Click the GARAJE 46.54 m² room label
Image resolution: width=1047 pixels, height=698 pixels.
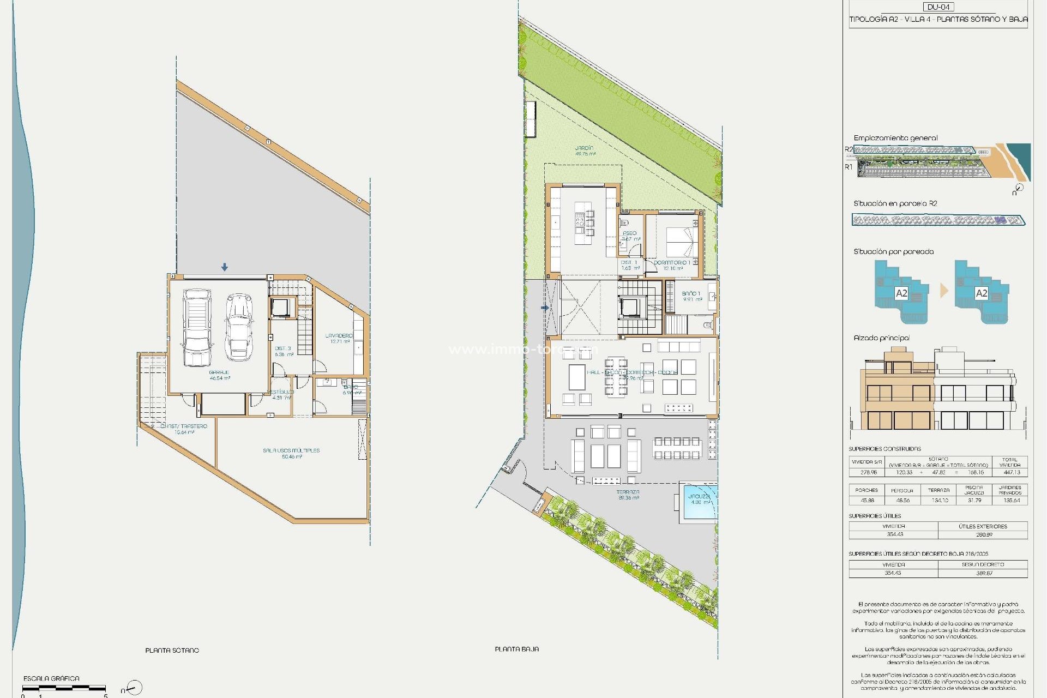tap(219, 375)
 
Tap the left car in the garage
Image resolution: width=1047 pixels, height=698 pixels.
tap(197, 328)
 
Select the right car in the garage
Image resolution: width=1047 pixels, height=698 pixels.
tap(239, 327)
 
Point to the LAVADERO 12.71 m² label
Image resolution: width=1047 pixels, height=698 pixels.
tap(339, 339)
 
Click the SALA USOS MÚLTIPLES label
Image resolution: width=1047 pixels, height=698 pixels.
tap(291, 453)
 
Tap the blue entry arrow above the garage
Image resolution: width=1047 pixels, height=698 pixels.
tap(225, 267)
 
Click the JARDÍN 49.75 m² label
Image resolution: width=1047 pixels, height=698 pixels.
tap(585, 151)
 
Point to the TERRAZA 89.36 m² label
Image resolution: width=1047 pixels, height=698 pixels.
tap(628, 495)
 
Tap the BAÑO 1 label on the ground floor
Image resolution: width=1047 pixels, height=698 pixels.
tap(691, 296)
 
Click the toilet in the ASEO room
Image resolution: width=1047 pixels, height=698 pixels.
tap(625, 224)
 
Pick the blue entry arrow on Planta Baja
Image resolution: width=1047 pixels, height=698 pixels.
tap(544, 308)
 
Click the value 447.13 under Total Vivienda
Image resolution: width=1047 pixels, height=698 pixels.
tap(1012, 472)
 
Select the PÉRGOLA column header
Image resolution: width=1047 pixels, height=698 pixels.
tap(902, 490)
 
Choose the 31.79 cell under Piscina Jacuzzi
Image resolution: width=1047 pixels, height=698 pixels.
tap(973, 500)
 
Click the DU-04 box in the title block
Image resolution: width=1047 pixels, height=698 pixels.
tap(938, 7)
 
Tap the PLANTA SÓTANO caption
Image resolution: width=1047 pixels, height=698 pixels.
tap(172, 650)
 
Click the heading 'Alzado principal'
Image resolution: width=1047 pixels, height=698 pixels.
tap(881, 338)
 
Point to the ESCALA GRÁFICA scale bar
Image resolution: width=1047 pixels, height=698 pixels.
tap(64, 688)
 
